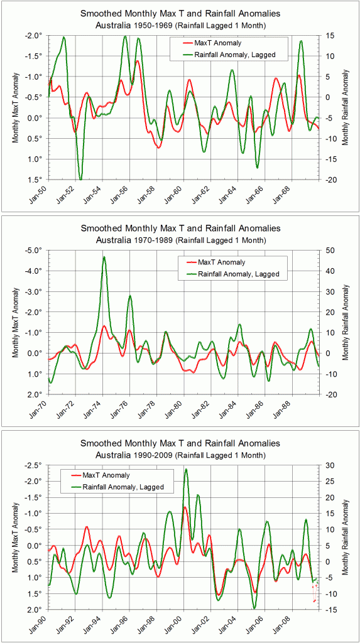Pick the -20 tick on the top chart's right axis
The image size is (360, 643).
pyautogui.click(x=330, y=180)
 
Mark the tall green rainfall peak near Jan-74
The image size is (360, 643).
pyautogui.click(x=104, y=257)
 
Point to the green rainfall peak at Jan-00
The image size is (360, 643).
pyautogui.click(x=185, y=469)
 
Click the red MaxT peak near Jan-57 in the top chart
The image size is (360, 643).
pyautogui.click(x=137, y=61)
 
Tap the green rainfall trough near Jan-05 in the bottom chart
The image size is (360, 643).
pyautogui.click(x=254, y=608)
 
